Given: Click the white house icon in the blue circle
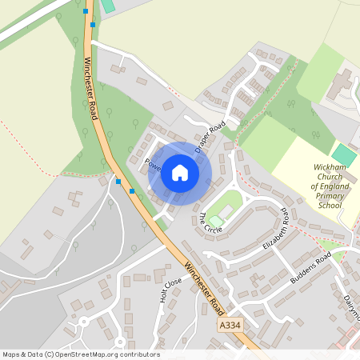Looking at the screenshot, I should pos(180,173).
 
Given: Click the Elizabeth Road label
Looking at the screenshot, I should pos(274,229).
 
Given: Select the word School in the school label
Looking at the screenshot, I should pos(329,206).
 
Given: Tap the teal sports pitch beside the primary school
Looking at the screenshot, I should pos(344,154).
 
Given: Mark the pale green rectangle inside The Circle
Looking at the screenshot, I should pos(217,220).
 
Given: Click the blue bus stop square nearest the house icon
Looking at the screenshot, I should pos(131,191).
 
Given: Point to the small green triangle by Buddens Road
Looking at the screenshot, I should pos(327,245).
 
